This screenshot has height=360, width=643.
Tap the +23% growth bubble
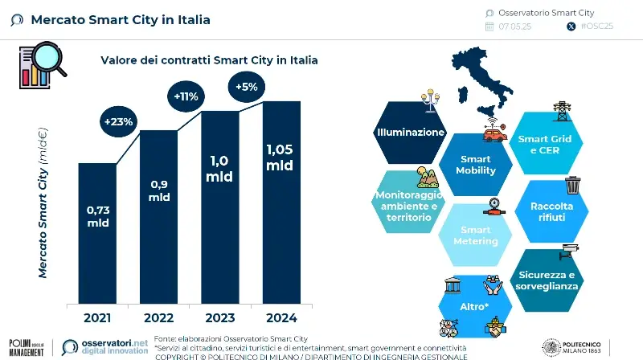[x=118, y=121]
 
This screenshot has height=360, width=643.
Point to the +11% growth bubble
[x=185, y=97]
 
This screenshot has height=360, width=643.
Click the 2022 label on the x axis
[x=158, y=317]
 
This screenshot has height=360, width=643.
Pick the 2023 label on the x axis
[x=219, y=317]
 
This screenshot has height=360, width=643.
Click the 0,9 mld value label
[x=158, y=190]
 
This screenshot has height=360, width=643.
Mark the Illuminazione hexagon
[x=410, y=132]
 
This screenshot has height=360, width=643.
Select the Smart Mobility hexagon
[x=476, y=165]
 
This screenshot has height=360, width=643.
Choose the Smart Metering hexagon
[x=476, y=235]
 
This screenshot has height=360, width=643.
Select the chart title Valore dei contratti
[x=208, y=60]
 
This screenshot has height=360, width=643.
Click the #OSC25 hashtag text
[x=596, y=27]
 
